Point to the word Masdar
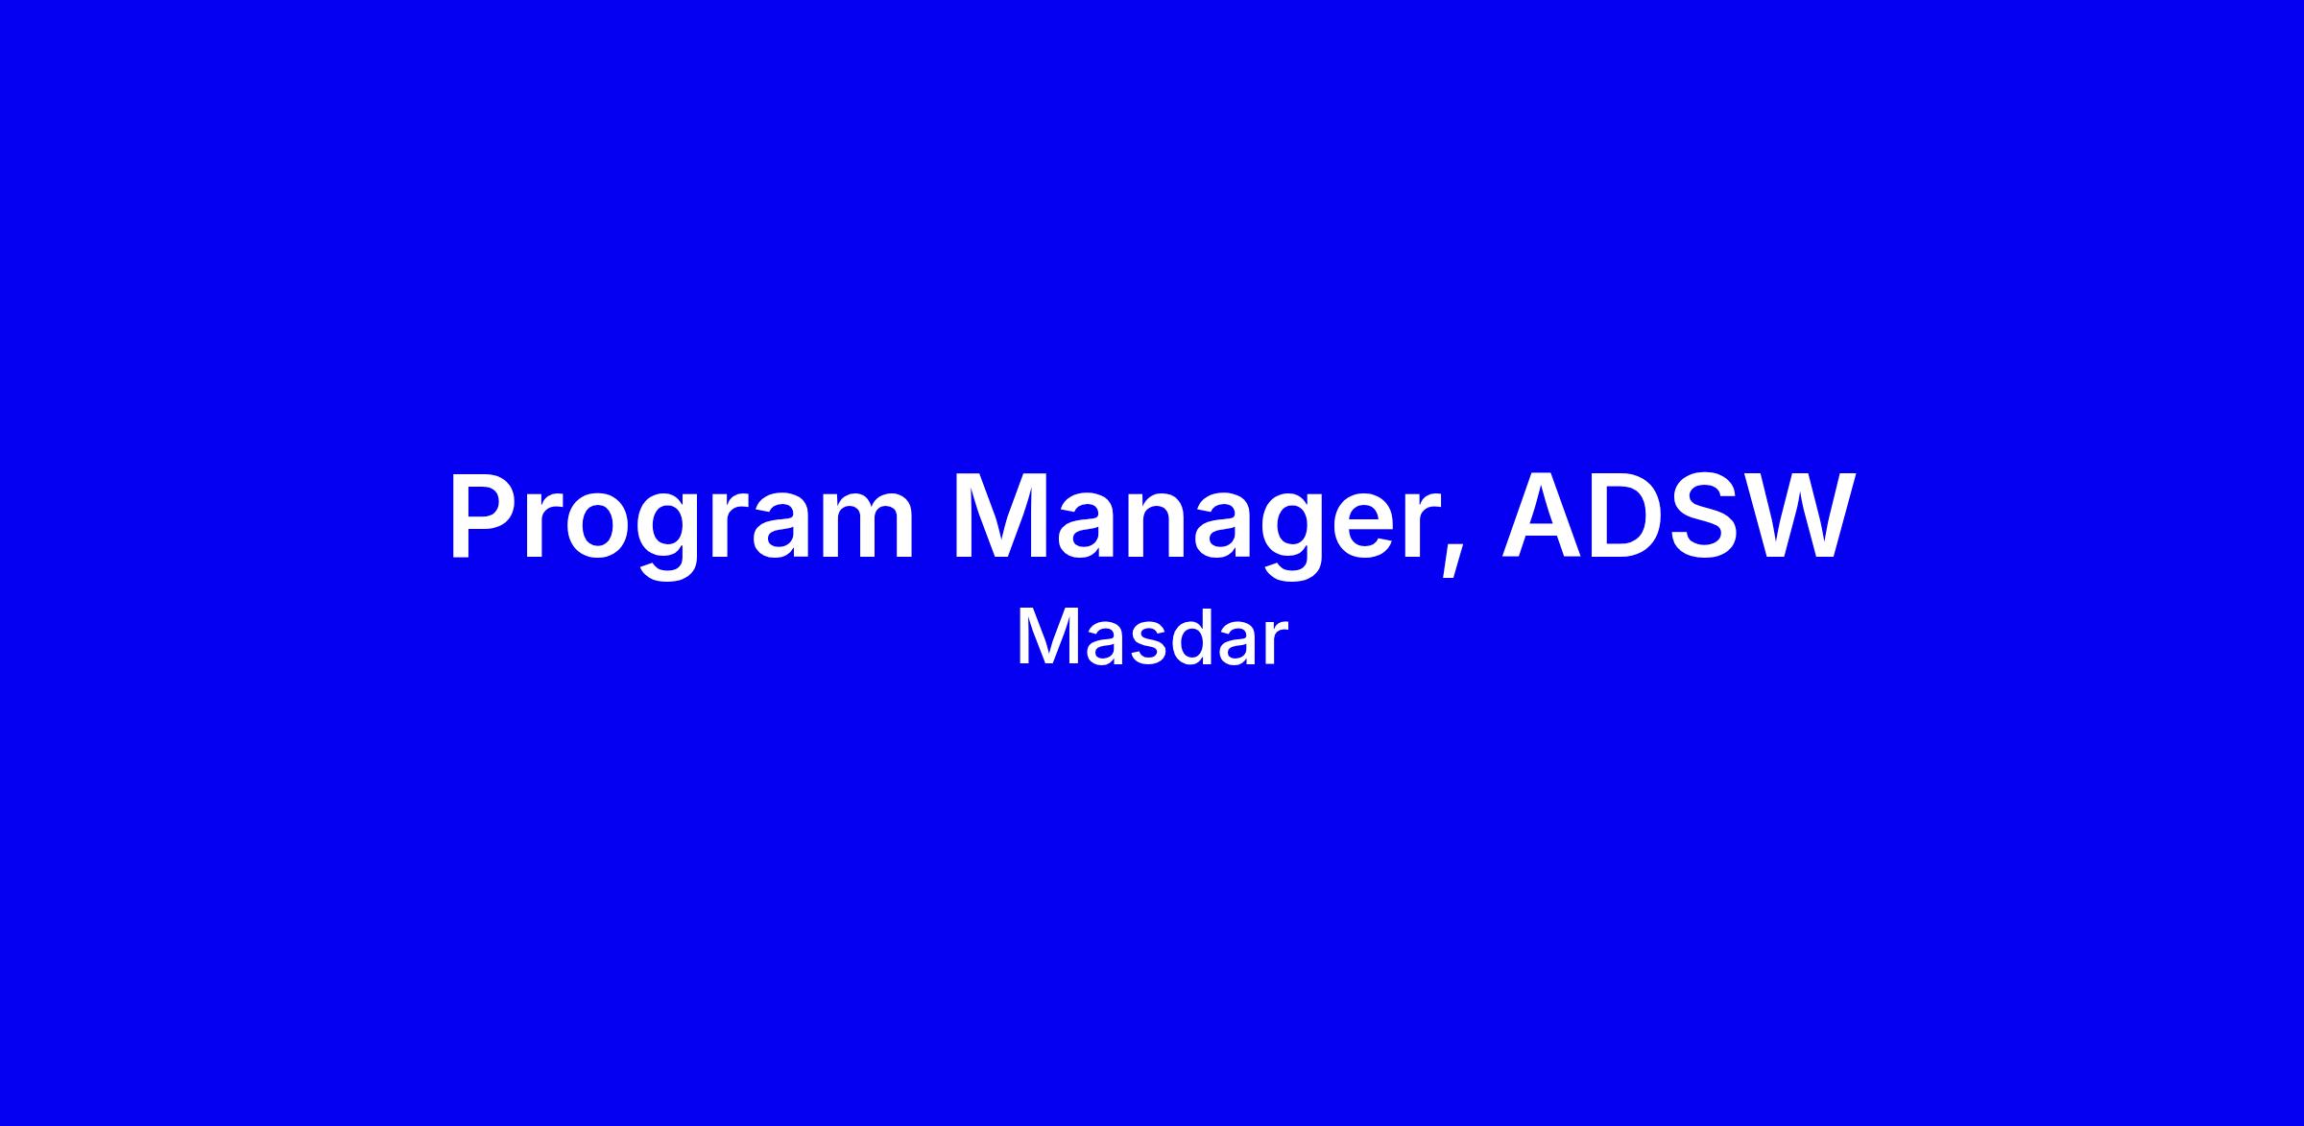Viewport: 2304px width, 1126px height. (1151, 638)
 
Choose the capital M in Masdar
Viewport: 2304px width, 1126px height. (1043, 637)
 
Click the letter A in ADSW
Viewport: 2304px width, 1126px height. (1545, 516)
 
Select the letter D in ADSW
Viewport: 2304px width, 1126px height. (1631, 516)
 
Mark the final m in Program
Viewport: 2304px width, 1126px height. (869, 527)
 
